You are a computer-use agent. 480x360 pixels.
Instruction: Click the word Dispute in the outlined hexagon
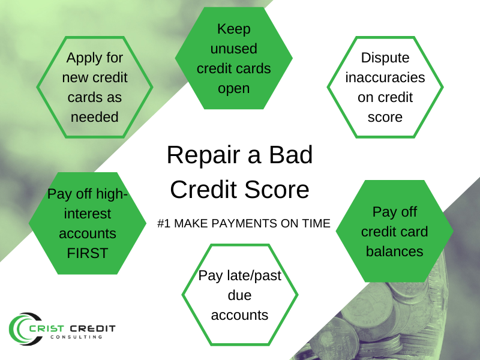385,58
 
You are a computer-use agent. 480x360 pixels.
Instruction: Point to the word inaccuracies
385,77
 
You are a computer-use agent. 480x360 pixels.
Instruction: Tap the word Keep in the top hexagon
234,29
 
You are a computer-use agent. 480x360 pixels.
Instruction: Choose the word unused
234,49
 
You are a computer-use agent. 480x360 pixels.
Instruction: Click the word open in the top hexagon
234,89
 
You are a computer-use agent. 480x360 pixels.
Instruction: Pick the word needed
95,117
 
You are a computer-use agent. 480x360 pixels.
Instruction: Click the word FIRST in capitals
88,253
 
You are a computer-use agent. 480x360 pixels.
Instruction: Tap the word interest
88,214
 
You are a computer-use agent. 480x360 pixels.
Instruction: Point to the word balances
395,251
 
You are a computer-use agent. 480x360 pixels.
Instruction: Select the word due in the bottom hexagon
239,295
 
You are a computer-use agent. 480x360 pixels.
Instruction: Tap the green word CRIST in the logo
47,329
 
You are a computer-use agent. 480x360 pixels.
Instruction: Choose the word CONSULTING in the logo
76,337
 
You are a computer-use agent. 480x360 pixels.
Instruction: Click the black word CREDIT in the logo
93,329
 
